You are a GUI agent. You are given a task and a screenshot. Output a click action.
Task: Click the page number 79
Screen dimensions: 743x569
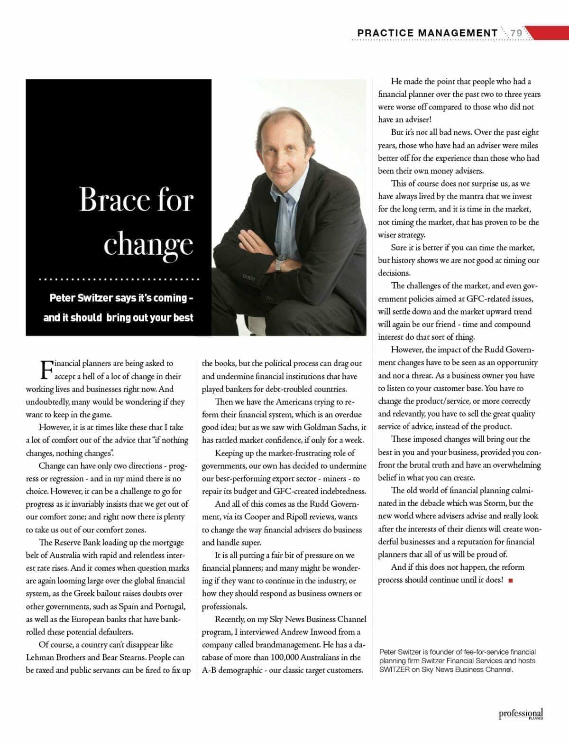516,33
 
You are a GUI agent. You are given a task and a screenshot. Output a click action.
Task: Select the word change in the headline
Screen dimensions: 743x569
148,245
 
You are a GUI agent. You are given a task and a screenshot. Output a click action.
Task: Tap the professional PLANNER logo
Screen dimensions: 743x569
521,714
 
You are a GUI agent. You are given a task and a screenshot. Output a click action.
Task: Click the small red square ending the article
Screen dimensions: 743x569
510,580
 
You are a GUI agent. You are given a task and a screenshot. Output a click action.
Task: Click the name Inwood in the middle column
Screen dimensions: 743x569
313,632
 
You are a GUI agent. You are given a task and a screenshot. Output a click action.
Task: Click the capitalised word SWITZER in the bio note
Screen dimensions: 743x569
395,669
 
